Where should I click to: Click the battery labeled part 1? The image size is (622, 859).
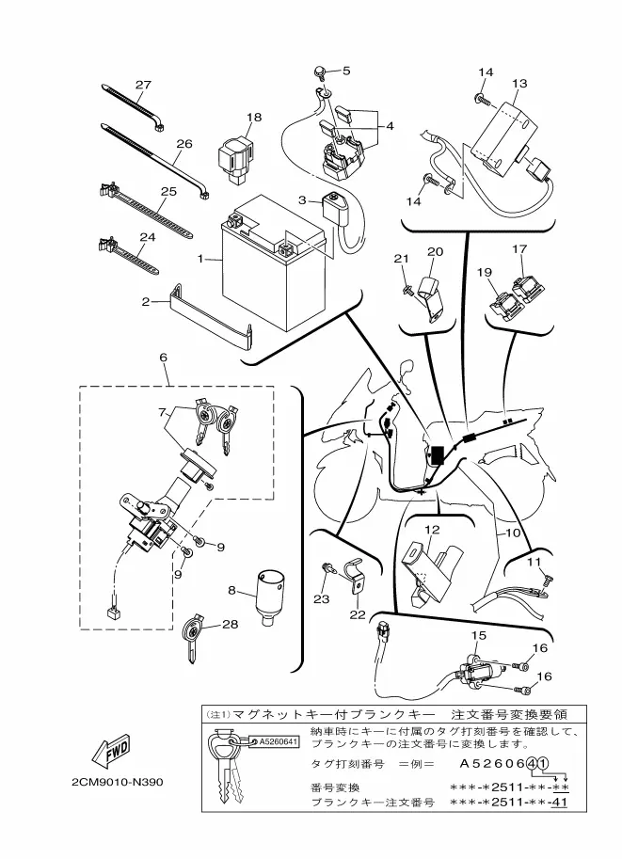[274, 264]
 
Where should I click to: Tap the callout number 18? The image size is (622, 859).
[254, 117]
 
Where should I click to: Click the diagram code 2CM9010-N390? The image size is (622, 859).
[118, 781]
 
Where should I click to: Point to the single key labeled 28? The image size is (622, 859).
[193, 638]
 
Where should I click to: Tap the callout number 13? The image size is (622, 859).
[519, 84]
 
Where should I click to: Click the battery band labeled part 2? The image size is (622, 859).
[212, 318]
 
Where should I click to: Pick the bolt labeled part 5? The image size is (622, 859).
[320, 72]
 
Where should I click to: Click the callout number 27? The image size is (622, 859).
[143, 85]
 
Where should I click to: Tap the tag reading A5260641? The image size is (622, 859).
[278, 741]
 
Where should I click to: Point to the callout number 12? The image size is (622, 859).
[432, 530]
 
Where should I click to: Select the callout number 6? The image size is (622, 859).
[164, 358]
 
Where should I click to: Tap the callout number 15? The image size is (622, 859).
[478, 635]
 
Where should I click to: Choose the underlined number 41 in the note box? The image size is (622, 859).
[559, 803]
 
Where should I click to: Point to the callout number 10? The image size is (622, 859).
[513, 532]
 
